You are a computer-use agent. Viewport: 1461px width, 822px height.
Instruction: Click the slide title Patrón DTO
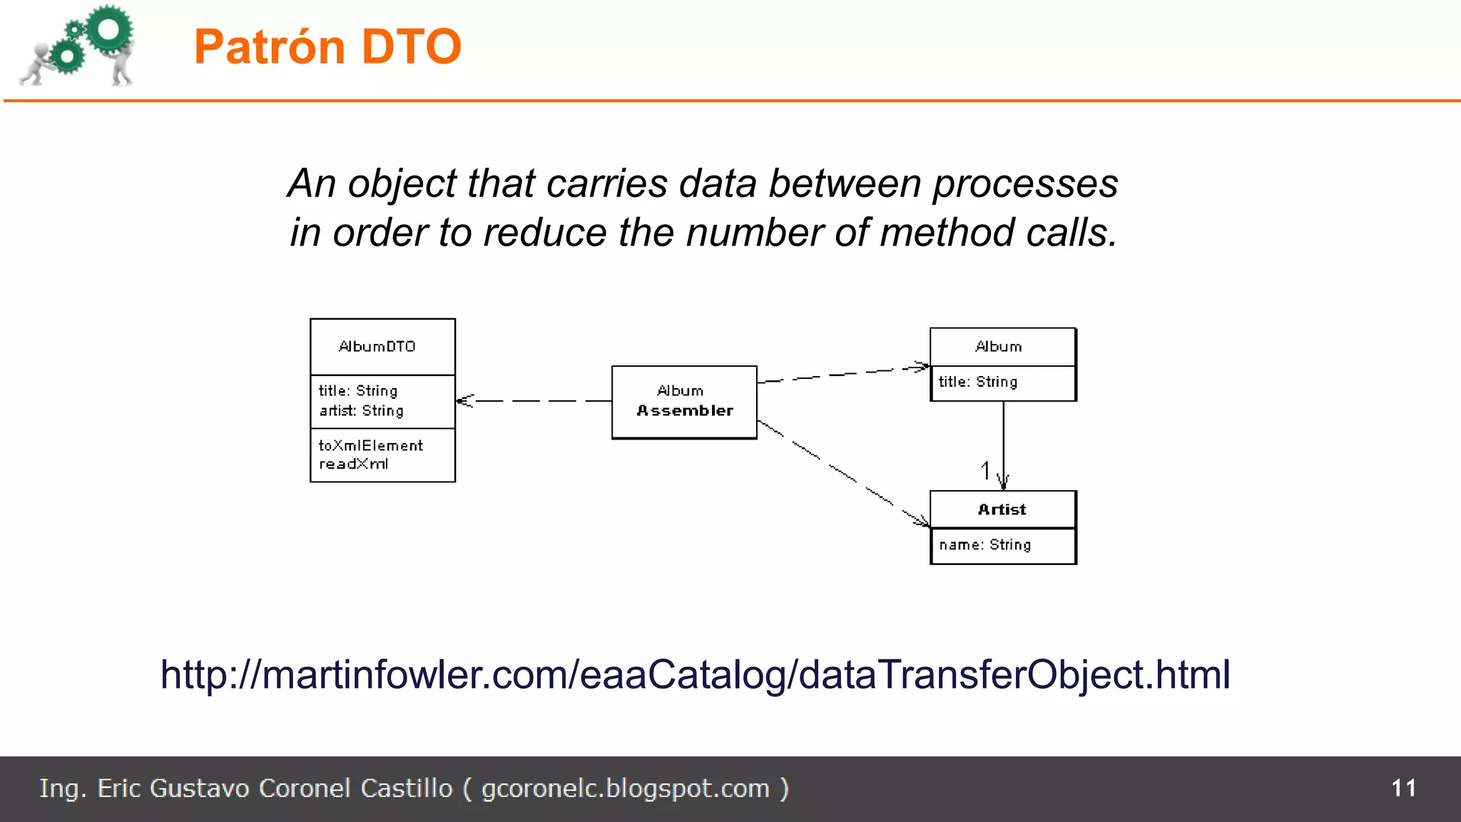click(x=327, y=47)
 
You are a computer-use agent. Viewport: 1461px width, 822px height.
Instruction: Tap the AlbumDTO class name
click(x=377, y=347)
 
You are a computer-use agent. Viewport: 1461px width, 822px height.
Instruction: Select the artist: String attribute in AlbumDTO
click(x=361, y=411)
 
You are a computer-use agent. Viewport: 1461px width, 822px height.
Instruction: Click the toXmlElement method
click(x=370, y=446)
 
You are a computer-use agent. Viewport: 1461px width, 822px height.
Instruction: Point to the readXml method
click(x=353, y=465)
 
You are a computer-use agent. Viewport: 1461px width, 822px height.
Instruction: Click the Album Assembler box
click(x=684, y=402)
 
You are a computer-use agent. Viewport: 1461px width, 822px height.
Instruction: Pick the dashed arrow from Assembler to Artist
click(x=842, y=472)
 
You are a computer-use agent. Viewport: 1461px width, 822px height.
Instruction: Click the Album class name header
click(x=999, y=347)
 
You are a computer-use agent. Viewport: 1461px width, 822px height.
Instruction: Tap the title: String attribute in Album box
click(x=977, y=382)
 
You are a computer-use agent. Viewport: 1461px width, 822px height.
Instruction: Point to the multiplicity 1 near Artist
click(x=985, y=471)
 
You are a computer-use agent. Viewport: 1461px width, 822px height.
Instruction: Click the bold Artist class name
click(x=1002, y=509)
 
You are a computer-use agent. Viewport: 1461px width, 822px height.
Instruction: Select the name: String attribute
click(x=984, y=545)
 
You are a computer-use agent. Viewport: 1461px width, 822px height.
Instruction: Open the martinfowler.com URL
click(x=696, y=674)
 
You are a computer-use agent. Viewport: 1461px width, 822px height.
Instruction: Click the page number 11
click(x=1403, y=788)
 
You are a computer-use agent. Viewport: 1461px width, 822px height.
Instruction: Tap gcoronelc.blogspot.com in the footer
click(x=626, y=789)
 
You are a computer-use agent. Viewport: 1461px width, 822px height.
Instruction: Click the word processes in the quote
click(x=1025, y=184)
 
